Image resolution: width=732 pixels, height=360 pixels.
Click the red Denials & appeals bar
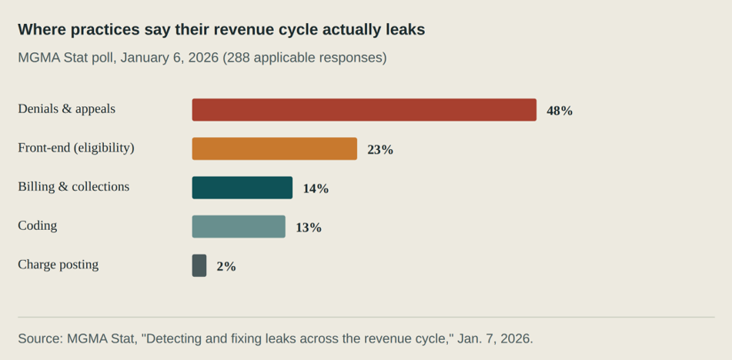tap(364, 109)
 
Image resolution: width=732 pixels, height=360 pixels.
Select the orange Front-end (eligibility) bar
tap(275, 148)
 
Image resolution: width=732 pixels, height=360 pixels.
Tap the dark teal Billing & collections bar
tap(242, 188)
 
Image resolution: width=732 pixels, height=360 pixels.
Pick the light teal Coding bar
tap(239, 227)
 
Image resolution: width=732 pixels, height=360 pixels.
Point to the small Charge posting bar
tap(199, 265)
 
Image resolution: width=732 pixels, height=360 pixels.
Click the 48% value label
tap(560, 111)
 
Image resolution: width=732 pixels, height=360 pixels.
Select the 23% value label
tap(380, 150)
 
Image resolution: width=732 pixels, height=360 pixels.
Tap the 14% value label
tap(316, 189)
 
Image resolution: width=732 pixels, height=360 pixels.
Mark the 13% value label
tap(309, 228)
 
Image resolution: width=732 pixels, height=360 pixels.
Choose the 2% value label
tap(226, 267)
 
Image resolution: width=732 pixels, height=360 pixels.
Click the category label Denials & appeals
tap(66, 109)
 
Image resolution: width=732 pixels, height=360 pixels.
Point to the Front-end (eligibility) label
tap(76, 148)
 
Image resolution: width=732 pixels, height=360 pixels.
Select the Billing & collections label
tap(74, 187)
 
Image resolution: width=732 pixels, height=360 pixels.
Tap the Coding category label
tap(38, 226)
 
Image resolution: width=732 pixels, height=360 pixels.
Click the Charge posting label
tap(58, 265)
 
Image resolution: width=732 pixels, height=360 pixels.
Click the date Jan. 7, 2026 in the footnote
tap(493, 339)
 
